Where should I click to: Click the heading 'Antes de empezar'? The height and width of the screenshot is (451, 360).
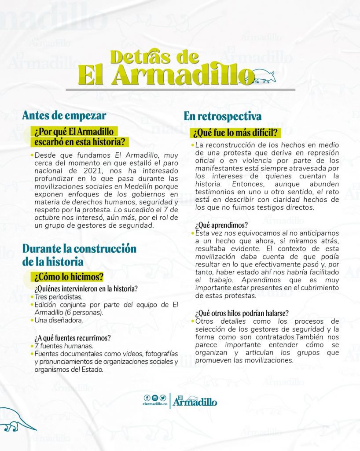coord(64,115)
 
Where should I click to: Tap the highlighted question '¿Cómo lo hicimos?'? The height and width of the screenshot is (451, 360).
coord(69,277)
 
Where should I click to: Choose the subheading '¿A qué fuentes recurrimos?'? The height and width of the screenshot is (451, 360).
coord(72,338)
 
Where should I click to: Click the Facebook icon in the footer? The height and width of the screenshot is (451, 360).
coord(147,398)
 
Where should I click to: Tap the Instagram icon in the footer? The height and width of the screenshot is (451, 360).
coord(154,398)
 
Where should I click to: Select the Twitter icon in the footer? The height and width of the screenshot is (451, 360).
coord(162,398)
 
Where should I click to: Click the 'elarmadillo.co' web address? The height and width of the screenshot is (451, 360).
coord(155,404)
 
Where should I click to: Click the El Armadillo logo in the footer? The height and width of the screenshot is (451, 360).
coord(195,400)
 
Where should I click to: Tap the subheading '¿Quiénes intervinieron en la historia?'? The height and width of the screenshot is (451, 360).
coord(86,289)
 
